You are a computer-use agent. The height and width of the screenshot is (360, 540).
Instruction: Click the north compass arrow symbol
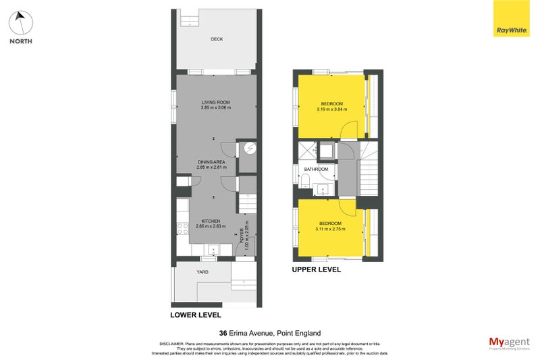pyautogui.click(x=21, y=22)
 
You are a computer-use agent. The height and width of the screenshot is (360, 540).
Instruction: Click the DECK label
pyautogui.click(x=216, y=39)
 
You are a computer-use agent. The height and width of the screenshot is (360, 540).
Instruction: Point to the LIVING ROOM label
pyautogui.click(x=216, y=102)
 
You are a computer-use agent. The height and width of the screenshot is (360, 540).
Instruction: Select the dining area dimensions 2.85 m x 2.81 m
pyautogui.click(x=211, y=168)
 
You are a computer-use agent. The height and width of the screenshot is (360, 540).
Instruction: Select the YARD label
pyautogui.click(x=202, y=272)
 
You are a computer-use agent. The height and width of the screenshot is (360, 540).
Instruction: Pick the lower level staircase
pyautogui.click(x=248, y=202)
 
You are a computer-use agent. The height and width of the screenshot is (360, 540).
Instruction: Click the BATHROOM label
pyautogui.click(x=316, y=169)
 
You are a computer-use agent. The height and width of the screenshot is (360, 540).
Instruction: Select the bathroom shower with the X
pyautogui.click(x=308, y=151)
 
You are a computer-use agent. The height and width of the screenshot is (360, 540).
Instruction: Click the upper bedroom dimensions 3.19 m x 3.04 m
pyautogui.click(x=331, y=109)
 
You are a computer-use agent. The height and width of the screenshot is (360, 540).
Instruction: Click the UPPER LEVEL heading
pyautogui.click(x=316, y=269)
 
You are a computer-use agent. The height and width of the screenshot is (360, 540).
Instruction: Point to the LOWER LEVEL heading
pyautogui.click(x=195, y=315)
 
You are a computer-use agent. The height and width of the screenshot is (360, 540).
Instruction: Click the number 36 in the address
pyautogui.click(x=223, y=332)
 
